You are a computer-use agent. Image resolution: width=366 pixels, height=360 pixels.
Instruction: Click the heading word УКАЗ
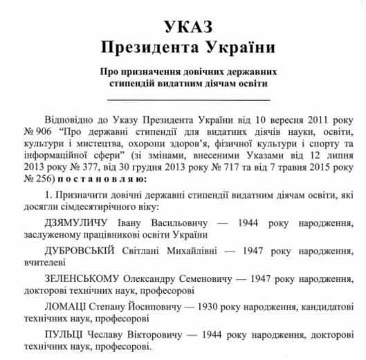pyautogui.click(x=184, y=27)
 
